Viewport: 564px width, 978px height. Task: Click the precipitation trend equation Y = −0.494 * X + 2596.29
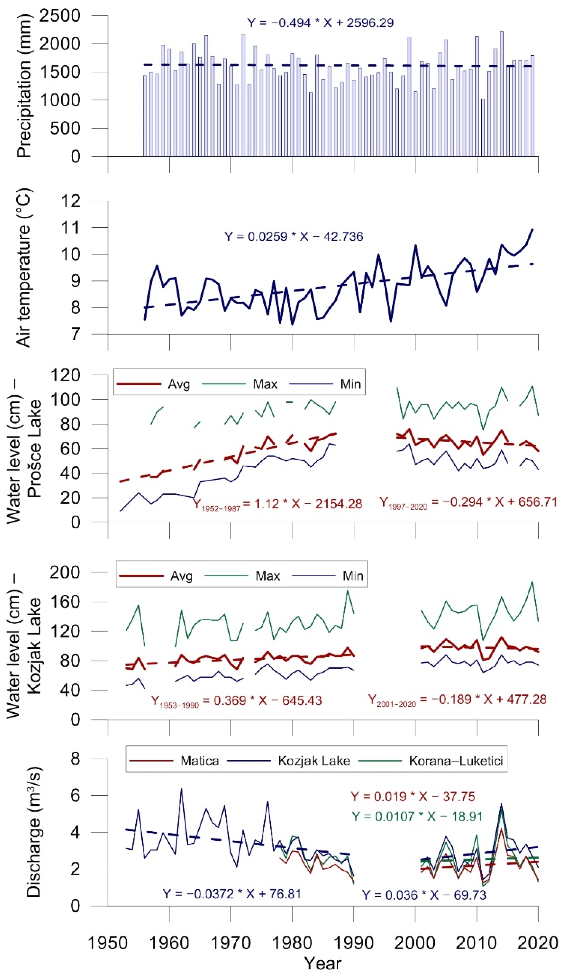pyautogui.click(x=320, y=23)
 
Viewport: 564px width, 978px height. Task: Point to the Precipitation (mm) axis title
pyautogui.click(x=24, y=86)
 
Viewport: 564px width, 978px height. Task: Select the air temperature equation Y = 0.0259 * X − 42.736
pyautogui.click(x=294, y=237)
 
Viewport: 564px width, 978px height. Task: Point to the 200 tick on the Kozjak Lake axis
pyautogui.click(x=65, y=572)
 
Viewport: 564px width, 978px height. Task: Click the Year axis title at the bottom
pyautogui.click(x=322, y=964)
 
